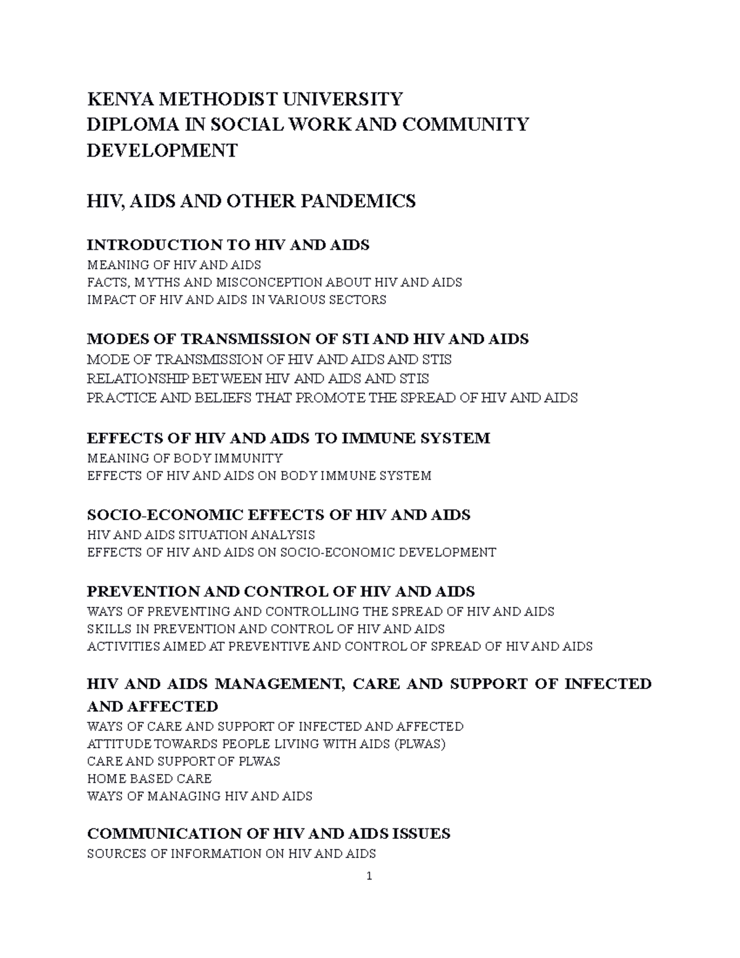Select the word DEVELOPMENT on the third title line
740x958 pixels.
pyautogui.click(x=162, y=151)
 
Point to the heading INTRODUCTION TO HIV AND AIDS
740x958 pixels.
pyautogui.click(x=228, y=246)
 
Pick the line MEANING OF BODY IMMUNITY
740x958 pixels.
pyautogui.click(x=185, y=458)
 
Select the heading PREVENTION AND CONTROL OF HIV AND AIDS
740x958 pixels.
pyautogui.click(x=281, y=592)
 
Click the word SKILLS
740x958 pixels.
pyautogui.click(x=108, y=629)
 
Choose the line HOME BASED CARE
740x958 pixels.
pyautogui.click(x=149, y=778)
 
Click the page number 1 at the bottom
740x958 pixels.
pyautogui.click(x=369, y=877)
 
